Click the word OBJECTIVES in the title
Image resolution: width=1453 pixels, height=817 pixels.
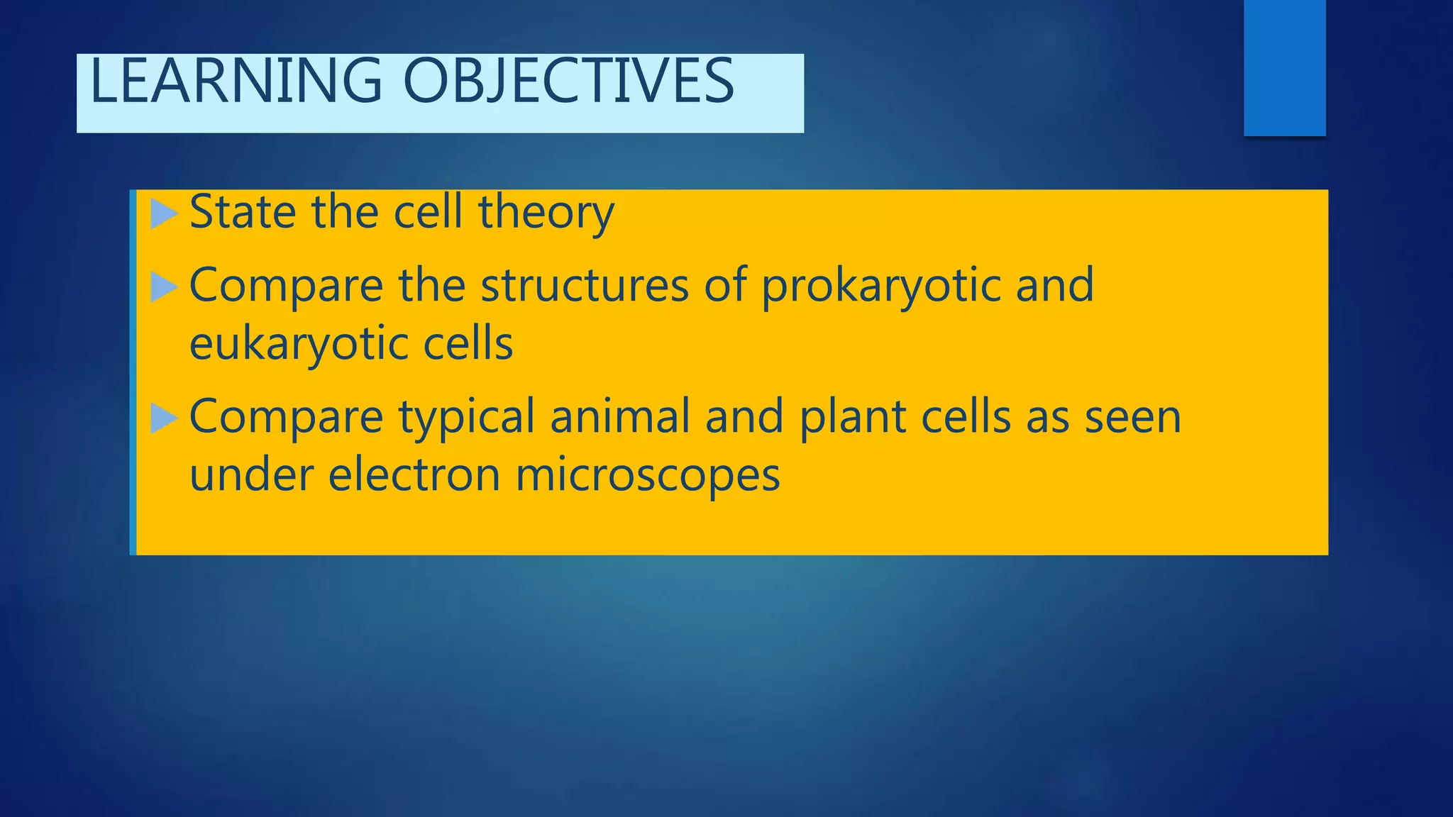pos(568,82)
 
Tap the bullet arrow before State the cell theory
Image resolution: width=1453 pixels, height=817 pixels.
pos(164,214)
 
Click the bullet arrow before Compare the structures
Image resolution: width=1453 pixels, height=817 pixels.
pos(164,288)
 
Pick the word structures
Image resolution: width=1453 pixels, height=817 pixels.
pos(585,285)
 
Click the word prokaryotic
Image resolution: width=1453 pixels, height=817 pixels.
pos(880,287)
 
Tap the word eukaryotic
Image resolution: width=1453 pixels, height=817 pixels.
pos(297,345)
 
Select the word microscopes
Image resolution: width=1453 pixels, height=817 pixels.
pos(647,476)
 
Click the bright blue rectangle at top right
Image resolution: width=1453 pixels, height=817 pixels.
pos(1284,67)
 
